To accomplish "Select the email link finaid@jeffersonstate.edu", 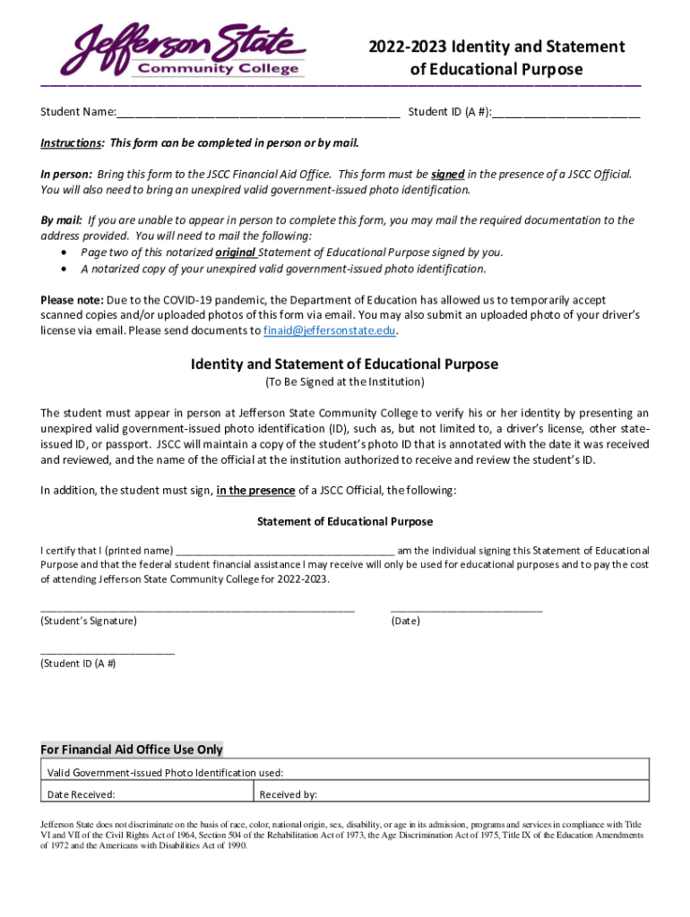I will [329, 330].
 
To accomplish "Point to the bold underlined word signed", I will [447, 174].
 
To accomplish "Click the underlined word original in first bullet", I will [236, 252].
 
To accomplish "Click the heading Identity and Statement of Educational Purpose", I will [344, 364].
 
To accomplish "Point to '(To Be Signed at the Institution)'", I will [344, 381].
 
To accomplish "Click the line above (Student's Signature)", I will [197, 609].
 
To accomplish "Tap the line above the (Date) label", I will [466, 609].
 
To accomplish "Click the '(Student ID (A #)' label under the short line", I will [78, 664].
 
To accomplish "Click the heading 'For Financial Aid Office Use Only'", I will [132, 750].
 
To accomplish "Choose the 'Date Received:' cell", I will [148, 793].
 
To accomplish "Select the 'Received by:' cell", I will [452, 793].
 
